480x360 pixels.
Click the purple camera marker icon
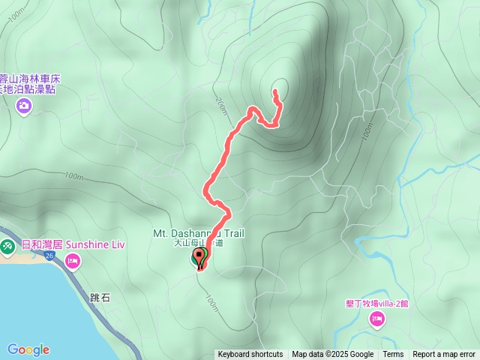(x=24, y=106)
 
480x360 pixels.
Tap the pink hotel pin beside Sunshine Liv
(x=73, y=260)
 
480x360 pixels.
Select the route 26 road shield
(x=49, y=256)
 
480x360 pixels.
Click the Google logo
(x=28, y=349)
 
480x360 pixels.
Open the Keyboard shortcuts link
(x=250, y=355)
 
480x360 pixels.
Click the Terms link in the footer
(x=393, y=355)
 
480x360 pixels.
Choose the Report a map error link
(x=444, y=355)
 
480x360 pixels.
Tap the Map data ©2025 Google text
(x=333, y=355)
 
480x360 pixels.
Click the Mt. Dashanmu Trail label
(x=199, y=233)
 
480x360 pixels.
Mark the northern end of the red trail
(x=275, y=91)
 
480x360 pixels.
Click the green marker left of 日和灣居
(x=7, y=245)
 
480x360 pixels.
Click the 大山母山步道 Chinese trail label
(x=198, y=243)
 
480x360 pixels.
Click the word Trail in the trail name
(x=229, y=233)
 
